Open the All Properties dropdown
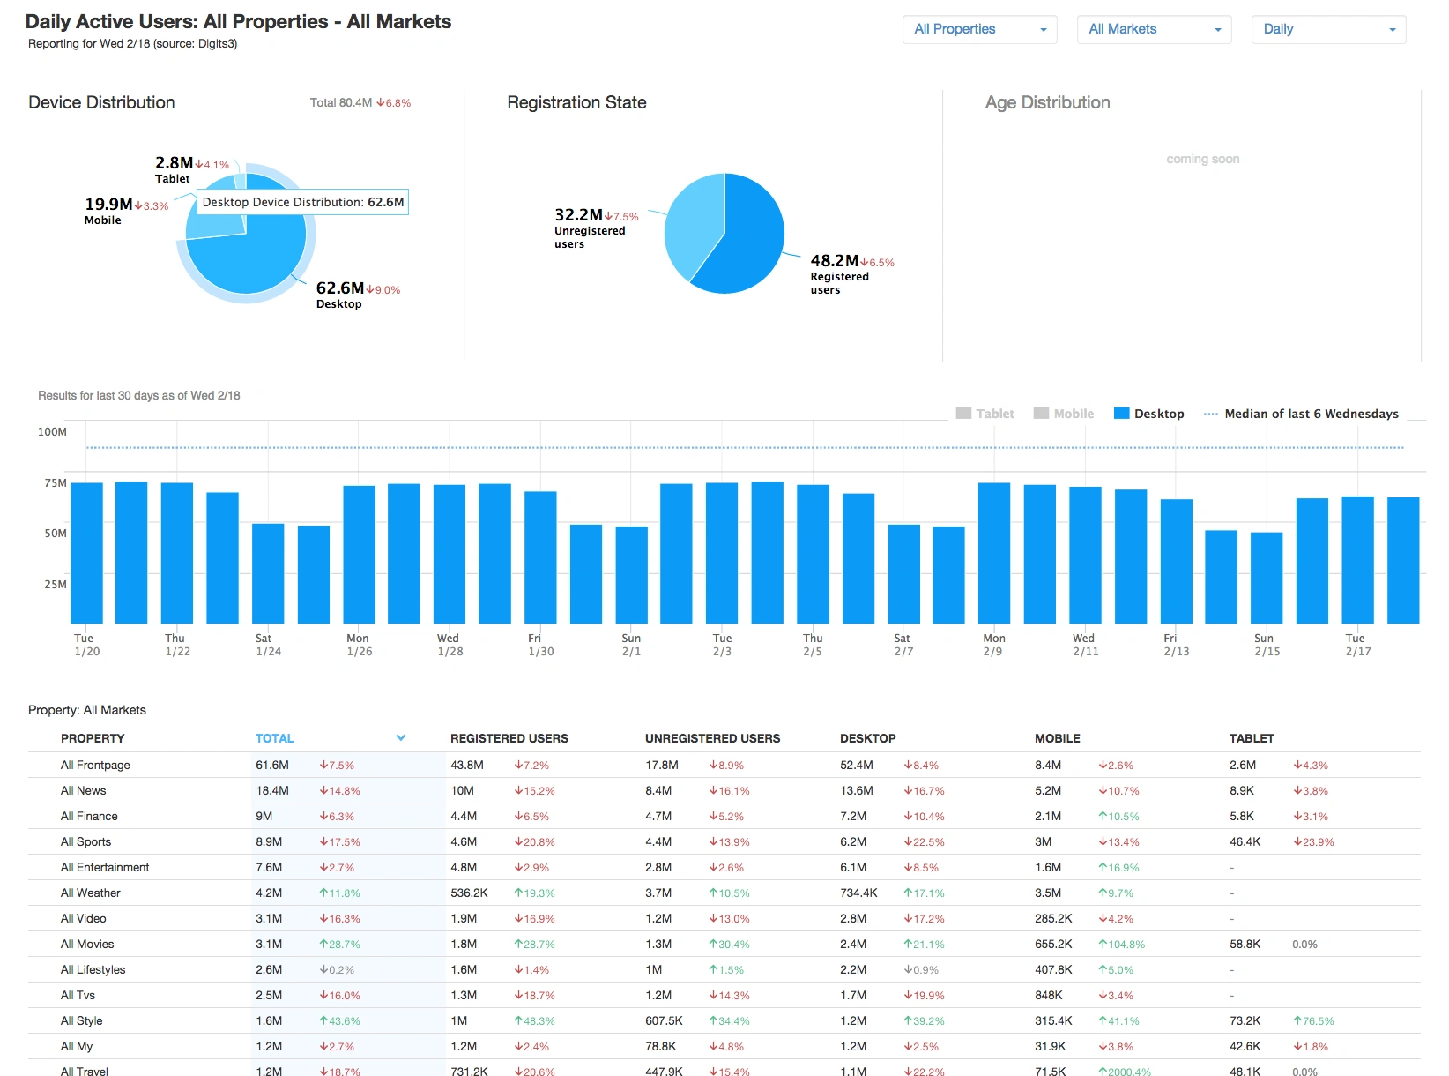pos(979,29)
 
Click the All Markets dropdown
pos(1154,29)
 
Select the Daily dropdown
pos(1328,29)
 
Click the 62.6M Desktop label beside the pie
pos(340,288)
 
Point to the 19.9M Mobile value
pos(108,205)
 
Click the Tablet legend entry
pos(985,414)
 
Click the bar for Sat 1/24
pos(268,573)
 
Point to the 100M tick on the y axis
pos(52,432)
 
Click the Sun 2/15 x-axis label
pos(1266,645)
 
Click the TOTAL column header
pos(275,738)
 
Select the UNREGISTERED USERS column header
pos(712,738)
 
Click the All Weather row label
pos(91,893)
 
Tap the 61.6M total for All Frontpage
pos(272,765)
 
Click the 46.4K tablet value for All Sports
pos(1245,841)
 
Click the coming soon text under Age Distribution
pos(1202,159)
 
